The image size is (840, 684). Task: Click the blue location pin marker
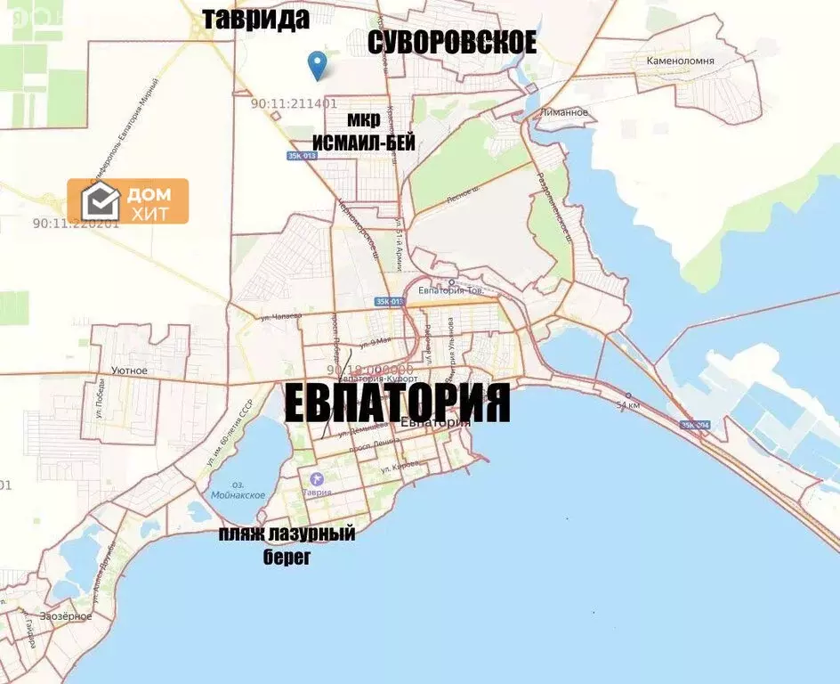click(x=316, y=63)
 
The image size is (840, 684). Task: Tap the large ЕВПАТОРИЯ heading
click(x=397, y=403)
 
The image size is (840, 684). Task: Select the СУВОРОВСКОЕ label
click(x=452, y=42)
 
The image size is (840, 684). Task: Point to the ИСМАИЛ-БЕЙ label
click(x=363, y=143)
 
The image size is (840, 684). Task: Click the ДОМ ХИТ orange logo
click(x=128, y=200)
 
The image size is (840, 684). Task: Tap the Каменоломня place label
click(x=681, y=61)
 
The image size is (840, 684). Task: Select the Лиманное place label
click(x=563, y=112)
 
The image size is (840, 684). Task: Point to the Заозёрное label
click(x=64, y=615)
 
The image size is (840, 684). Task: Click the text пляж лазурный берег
click(x=287, y=545)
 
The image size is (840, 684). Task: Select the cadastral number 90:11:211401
click(x=294, y=103)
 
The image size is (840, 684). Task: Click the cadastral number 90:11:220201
click(x=75, y=224)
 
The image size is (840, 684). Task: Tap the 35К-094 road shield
click(x=696, y=425)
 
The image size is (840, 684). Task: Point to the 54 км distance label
click(x=628, y=405)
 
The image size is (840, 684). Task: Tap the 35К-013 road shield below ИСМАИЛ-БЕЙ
click(x=302, y=156)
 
